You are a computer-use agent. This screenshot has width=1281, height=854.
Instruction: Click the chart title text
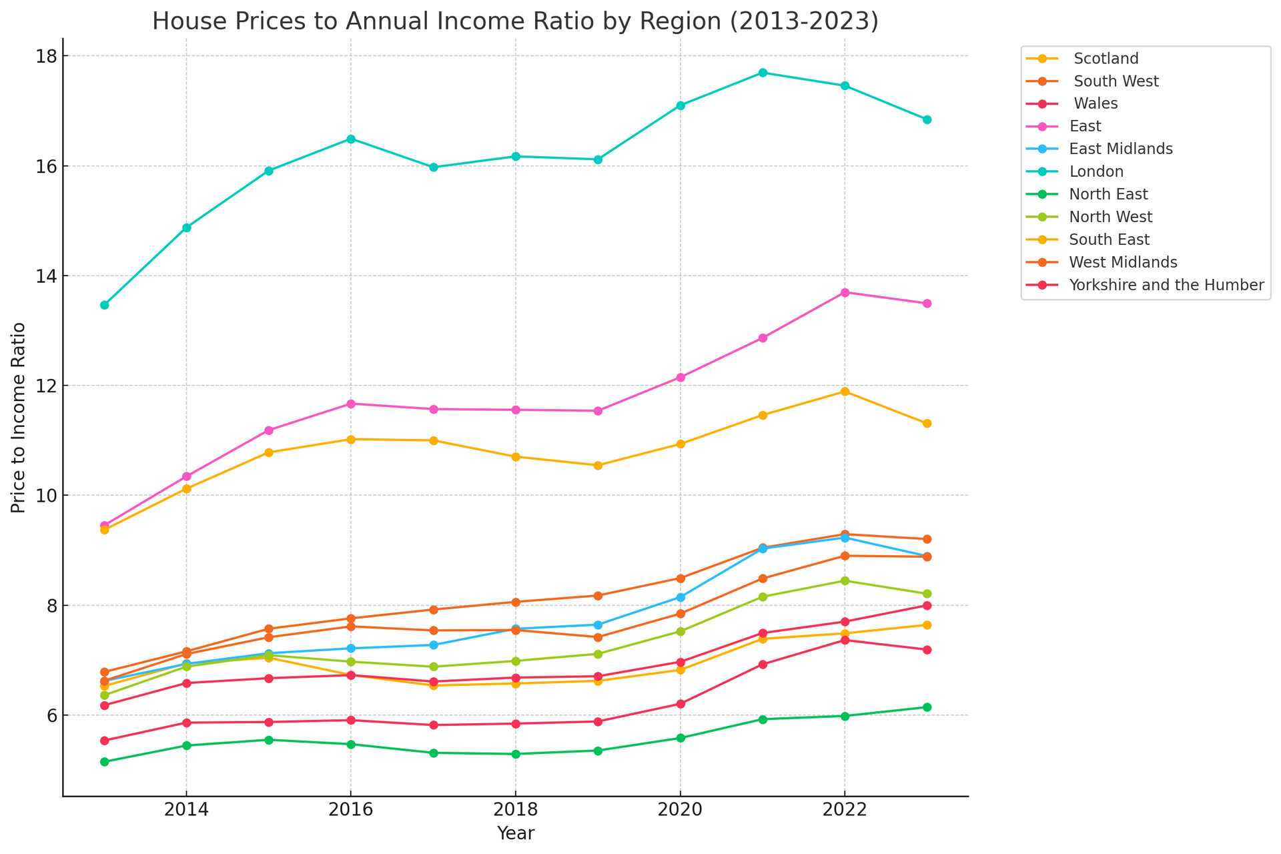click(x=515, y=21)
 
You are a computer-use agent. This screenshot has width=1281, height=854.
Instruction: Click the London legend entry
click(x=1096, y=171)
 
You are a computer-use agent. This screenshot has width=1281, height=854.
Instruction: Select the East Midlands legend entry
click(x=1120, y=149)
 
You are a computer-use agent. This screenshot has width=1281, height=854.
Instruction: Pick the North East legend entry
click(x=1108, y=194)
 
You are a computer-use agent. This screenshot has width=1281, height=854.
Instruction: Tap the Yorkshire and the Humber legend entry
click(x=1166, y=285)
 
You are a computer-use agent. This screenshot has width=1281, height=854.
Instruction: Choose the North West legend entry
click(x=1110, y=217)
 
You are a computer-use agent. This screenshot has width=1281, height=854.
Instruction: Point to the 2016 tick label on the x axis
click(x=351, y=811)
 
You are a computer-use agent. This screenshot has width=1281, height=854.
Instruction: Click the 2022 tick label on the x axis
click(x=845, y=811)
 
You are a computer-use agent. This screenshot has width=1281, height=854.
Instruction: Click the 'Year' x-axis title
click(x=515, y=834)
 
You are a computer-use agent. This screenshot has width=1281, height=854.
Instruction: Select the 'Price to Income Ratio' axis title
click(x=19, y=418)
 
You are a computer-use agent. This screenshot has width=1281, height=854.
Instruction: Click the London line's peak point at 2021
click(x=763, y=73)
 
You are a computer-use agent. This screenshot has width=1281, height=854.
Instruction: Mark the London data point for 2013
click(x=104, y=305)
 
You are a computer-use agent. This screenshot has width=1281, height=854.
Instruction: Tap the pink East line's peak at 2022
click(x=845, y=292)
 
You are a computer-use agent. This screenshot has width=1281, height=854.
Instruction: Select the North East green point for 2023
click(x=927, y=707)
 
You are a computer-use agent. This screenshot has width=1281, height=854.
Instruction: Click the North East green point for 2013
click(x=104, y=762)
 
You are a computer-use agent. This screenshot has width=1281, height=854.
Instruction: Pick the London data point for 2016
click(x=351, y=139)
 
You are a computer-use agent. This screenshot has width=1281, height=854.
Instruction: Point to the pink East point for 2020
click(x=681, y=378)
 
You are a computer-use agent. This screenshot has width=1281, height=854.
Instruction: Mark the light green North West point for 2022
click(x=845, y=580)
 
